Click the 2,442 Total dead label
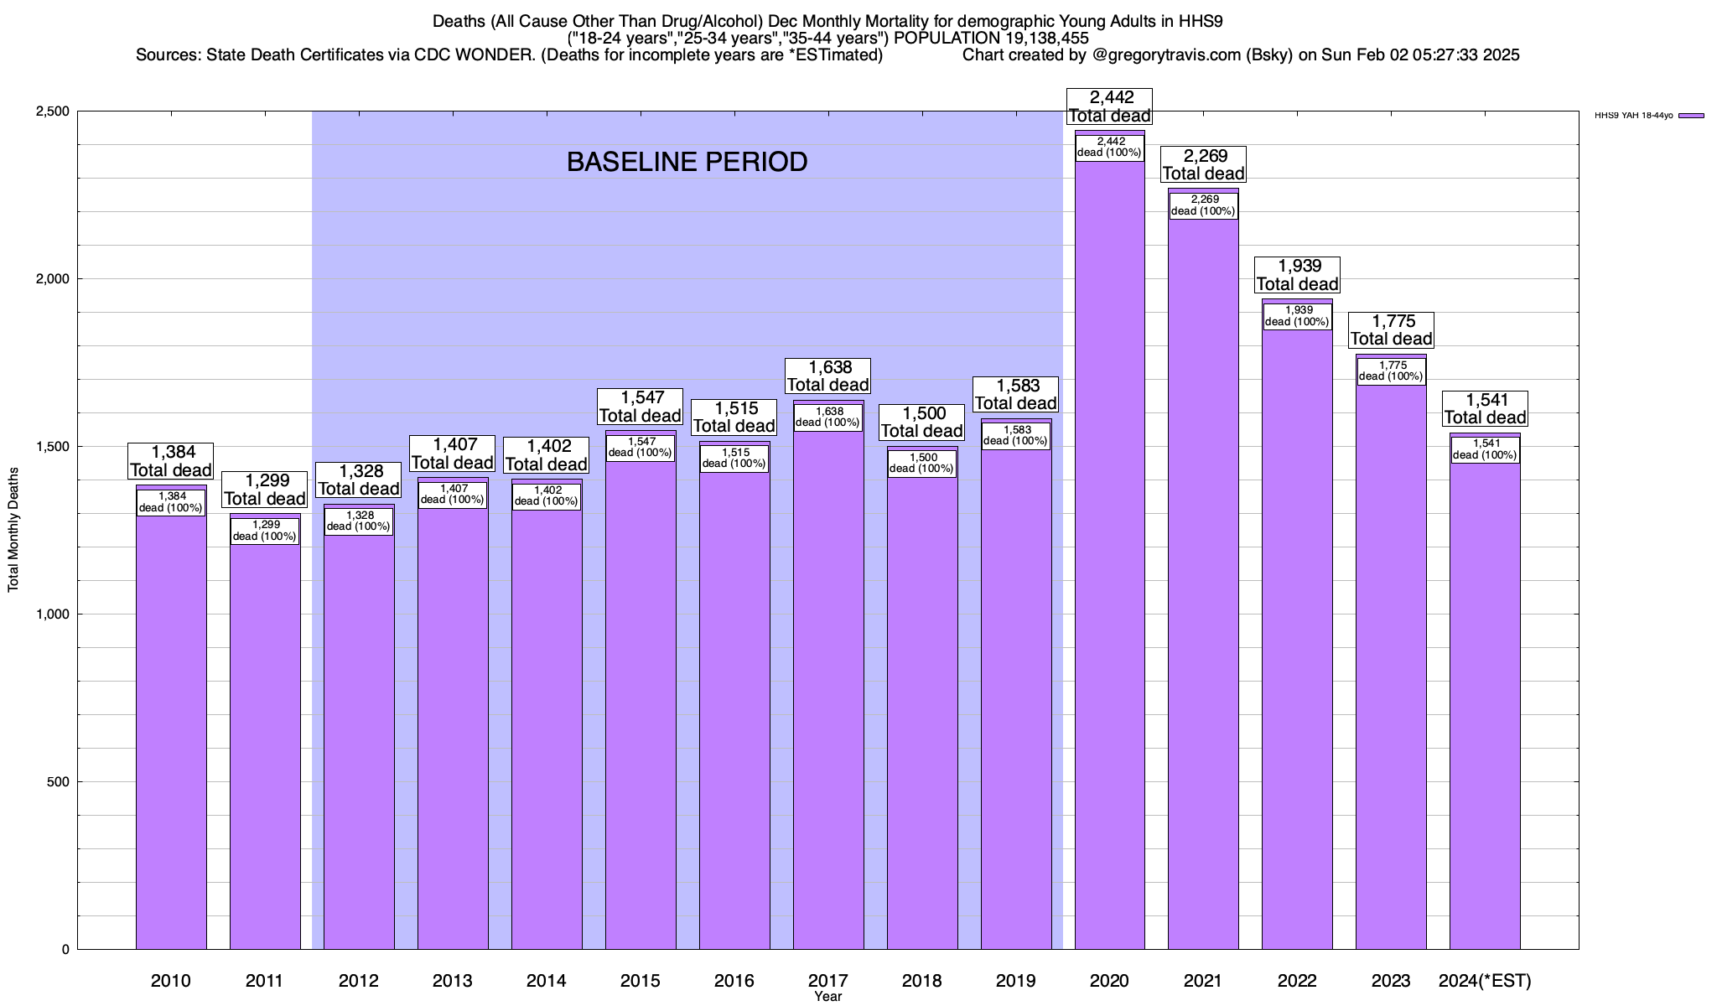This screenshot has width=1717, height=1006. pyautogui.click(x=1109, y=107)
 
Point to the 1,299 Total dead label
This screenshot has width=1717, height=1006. pyautogui.click(x=265, y=490)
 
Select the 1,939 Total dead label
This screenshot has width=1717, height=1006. pyautogui.click(x=1297, y=275)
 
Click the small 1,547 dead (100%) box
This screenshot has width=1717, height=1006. pyautogui.click(x=641, y=448)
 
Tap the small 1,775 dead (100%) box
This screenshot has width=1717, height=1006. pyautogui.click(x=1391, y=371)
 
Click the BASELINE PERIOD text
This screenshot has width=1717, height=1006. pyautogui.click(x=687, y=162)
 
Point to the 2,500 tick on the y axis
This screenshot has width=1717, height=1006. pyautogui.click(x=52, y=111)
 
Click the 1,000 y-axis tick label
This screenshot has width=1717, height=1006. pyautogui.click(x=52, y=614)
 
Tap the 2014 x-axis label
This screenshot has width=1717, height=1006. pyautogui.click(x=547, y=981)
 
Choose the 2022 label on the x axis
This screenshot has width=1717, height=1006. pyautogui.click(x=1297, y=981)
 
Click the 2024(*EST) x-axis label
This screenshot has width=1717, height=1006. pyautogui.click(x=1485, y=981)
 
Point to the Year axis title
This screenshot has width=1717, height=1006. pyautogui.click(x=828, y=997)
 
